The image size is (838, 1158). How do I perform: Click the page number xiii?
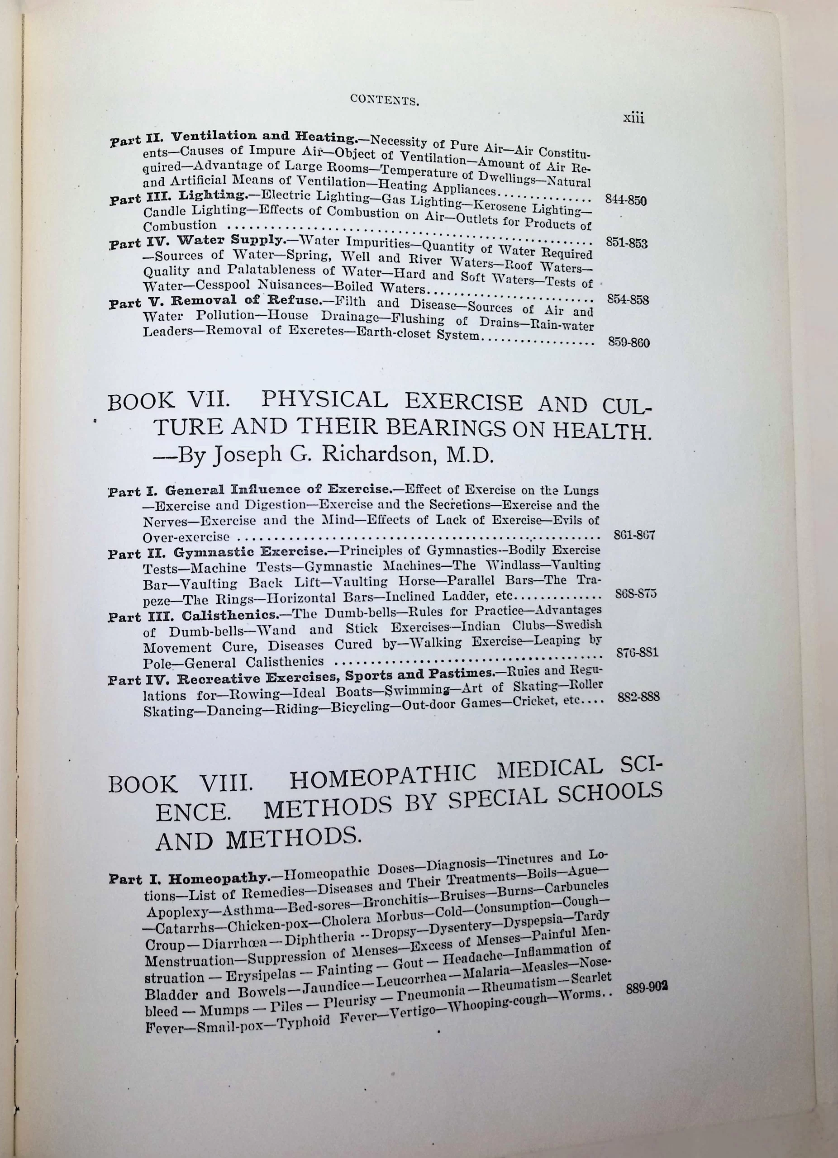tap(633, 119)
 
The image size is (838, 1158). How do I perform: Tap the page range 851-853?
tap(627, 243)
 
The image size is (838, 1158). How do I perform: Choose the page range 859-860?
tap(628, 342)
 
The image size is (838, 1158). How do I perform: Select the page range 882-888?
tap(638, 697)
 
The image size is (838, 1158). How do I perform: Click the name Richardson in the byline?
tap(377, 455)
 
